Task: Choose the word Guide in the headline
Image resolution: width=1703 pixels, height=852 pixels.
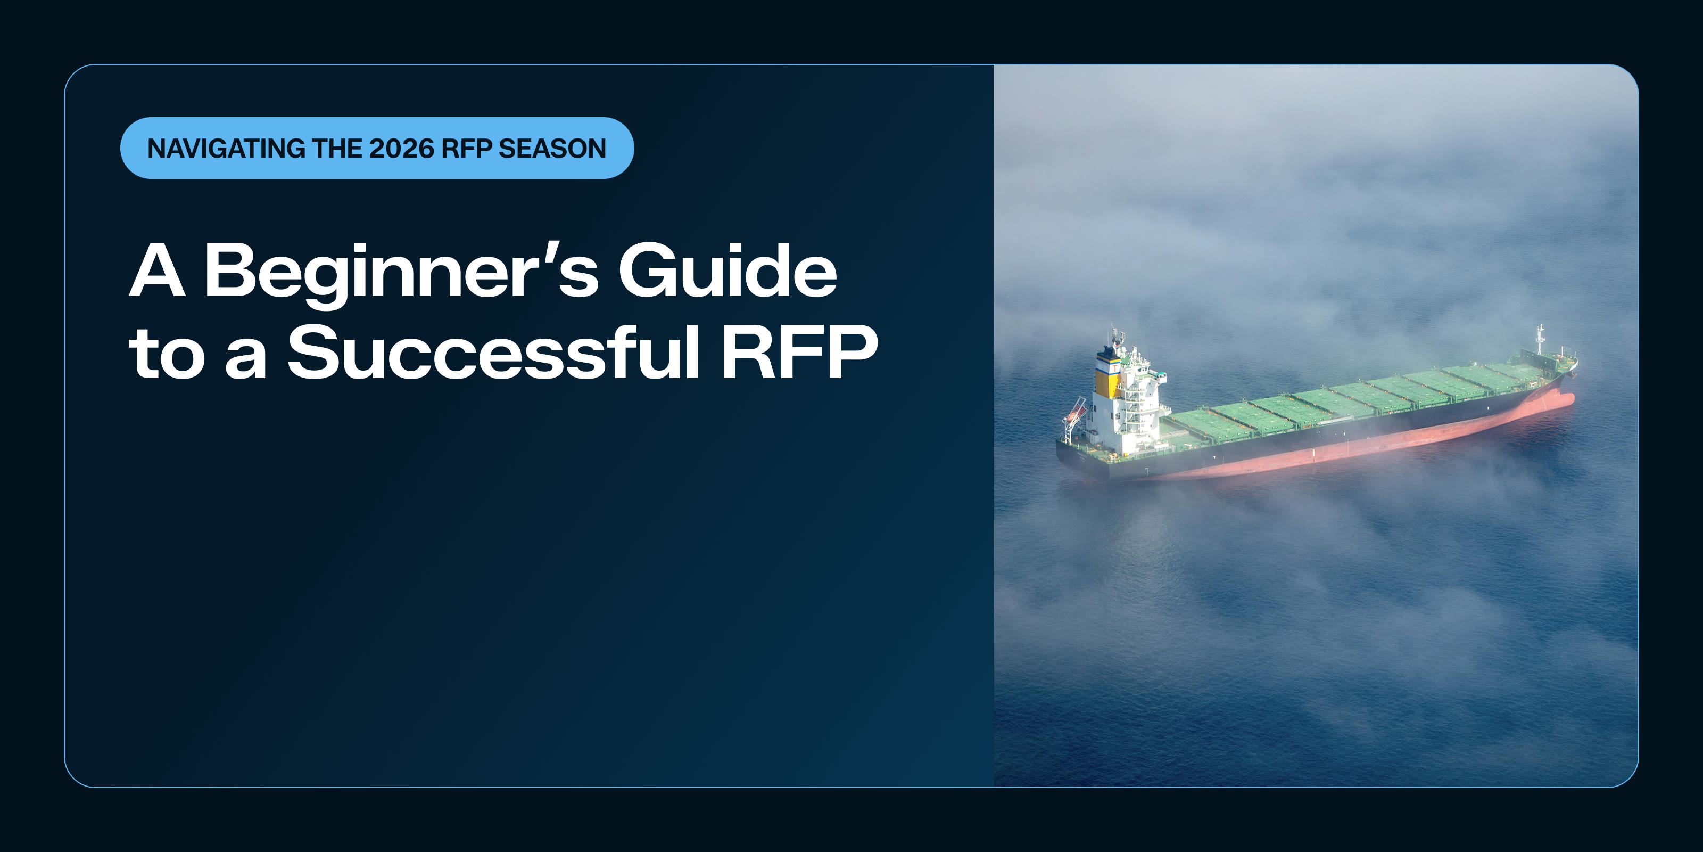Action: pos(727,271)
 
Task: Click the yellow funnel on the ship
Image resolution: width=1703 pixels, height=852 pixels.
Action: pos(1108,380)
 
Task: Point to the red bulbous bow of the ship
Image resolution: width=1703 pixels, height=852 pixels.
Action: pos(1564,401)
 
